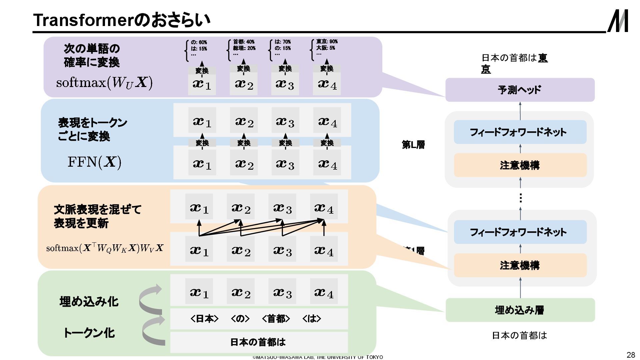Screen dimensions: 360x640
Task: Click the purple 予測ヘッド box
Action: [x=520, y=90]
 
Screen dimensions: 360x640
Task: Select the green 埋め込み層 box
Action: [x=520, y=310]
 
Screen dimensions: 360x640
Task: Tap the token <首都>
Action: [x=276, y=319]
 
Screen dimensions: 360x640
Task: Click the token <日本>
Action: [x=204, y=319]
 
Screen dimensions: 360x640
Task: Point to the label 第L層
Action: [x=413, y=145]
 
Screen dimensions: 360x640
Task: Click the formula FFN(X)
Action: [x=94, y=162]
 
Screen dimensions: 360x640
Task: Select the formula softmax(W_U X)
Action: [x=104, y=83]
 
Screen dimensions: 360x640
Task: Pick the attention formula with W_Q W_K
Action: [x=105, y=248]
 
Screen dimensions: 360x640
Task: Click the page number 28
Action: [x=631, y=355]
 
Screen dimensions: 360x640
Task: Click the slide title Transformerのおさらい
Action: [x=122, y=20]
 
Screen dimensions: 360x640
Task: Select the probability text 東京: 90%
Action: [x=327, y=42]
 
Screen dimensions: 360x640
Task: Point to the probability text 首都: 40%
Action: [x=244, y=42]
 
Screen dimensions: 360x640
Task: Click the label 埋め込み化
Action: [x=89, y=302]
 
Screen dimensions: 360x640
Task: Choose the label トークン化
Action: [x=89, y=333]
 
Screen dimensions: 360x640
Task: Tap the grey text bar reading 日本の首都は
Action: [x=258, y=342]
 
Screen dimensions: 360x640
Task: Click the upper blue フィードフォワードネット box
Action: [x=520, y=132]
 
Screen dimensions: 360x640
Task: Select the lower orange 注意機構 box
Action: [x=520, y=265]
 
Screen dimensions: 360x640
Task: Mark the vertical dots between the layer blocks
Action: [x=520, y=198]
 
